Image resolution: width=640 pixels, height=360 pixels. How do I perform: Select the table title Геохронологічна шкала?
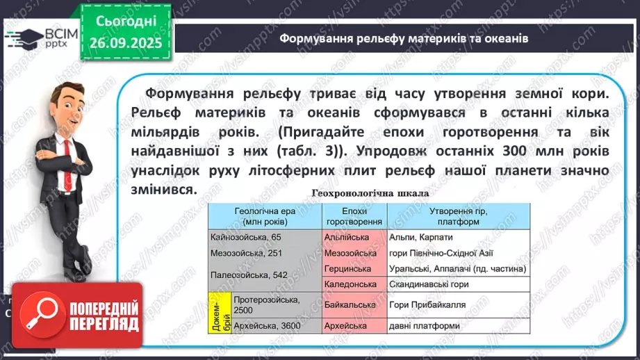click(x=370, y=193)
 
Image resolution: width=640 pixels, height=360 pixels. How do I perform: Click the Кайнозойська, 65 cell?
click(x=245, y=237)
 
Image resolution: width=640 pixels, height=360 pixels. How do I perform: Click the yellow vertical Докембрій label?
click(x=220, y=313)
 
